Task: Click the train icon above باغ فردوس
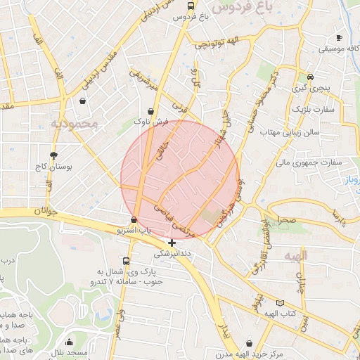191,5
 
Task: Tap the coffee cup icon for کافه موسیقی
339,37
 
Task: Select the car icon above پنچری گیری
311,78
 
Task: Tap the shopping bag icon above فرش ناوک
153,111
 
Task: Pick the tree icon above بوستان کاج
54,155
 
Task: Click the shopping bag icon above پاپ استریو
134,219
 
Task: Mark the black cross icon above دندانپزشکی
172,242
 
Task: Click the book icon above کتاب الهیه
281,303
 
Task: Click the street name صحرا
288,220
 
